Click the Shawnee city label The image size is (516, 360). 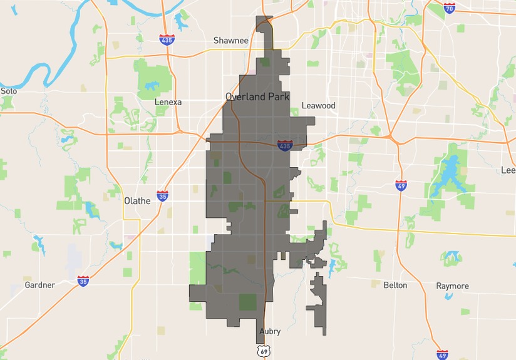pyautogui.click(x=230, y=41)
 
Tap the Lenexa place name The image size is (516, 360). pyautogui.click(x=168, y=102)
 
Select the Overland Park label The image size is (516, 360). pyautogui.click(x=257, y=97)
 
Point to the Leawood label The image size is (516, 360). pyautogui.click(x=319, y=106)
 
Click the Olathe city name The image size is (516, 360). pyautogui.click(x=137, y=201)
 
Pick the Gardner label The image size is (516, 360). pyautogui.click(x=39, y=285)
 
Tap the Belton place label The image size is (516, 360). pyautogui.click(x=395, y=285)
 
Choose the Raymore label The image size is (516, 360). pyautogui.click(x=452, y=286)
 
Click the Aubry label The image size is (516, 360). pyautogui.click(x=269, y=331)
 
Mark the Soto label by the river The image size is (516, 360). pyautogui.click(x=9, y=91)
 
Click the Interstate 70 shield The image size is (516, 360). pyautogui.click(x=449, y=8)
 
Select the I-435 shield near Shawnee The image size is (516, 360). pyautogui.click(x=167, y=40)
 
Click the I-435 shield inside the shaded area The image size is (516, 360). pyautogui.click(x=285, y=145)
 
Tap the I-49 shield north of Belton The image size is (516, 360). pyautogui.click(x=401, y=185)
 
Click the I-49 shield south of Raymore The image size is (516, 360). pyautogui.click(x=442, y=354)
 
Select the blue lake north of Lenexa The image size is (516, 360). pyautogui.click(x=151, y=87)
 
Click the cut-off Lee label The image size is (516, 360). pyautogui.click(x=508, y=170)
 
